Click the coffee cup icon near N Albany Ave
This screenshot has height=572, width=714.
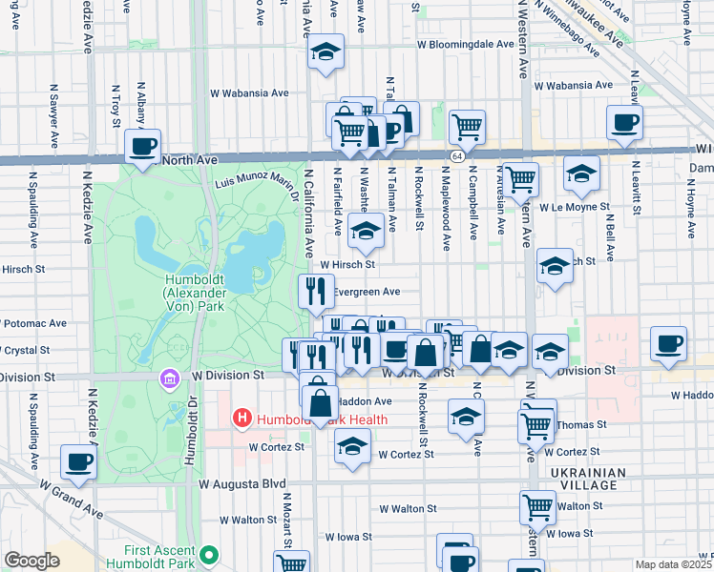(143, 148)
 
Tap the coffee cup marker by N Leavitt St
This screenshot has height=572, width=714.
(624, 122)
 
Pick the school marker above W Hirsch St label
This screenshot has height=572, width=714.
(366, 230)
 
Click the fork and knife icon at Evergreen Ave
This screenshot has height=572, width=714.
(316, 290)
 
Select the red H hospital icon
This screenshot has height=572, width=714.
(242, 419)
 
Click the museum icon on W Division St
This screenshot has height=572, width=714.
(169, 379)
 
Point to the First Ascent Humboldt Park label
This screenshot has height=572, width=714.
(168, 557)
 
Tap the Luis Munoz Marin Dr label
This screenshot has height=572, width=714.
(254, 181)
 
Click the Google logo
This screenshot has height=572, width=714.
(31, 561)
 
